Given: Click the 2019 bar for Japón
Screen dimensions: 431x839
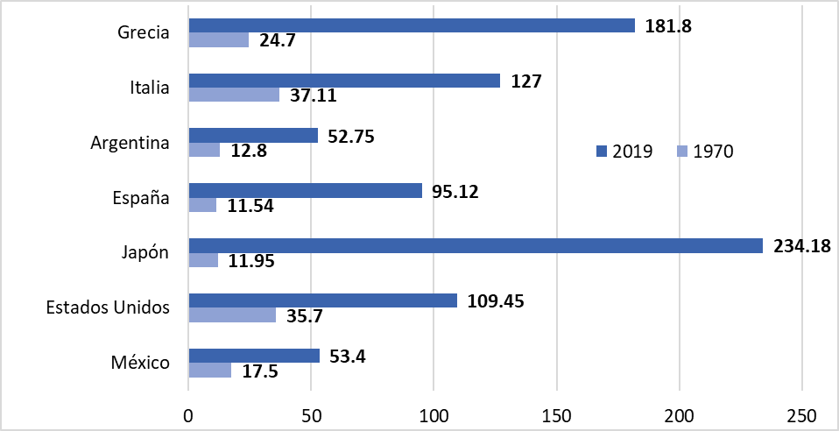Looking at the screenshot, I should click(476, 246).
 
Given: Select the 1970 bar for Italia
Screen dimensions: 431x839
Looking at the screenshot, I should click(234, 95).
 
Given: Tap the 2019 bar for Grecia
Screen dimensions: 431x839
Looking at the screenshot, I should click(412, 25).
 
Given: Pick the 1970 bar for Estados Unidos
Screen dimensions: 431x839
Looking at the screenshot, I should click(232, 314).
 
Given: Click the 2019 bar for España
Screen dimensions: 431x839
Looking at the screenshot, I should click(305, 190).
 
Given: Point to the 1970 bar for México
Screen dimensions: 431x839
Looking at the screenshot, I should click(210, 371).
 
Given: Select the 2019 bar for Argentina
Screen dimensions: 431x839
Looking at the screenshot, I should click(253, 136).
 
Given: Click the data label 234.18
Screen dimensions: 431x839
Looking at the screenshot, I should click(802, 246).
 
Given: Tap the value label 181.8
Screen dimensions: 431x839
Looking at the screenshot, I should click(668, 25).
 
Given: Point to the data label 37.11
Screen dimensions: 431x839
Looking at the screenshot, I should click(314, 95).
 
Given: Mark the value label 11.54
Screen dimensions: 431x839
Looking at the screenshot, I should click(250, 207).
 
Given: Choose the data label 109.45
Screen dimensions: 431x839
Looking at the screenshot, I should click(497, 300).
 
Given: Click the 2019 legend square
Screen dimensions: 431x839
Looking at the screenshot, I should click(602, 151).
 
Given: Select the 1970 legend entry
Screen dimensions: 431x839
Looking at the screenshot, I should click(706, 151).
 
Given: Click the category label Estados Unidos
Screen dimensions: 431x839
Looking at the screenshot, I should click(106, 307).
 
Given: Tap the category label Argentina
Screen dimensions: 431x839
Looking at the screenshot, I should click(130, 143).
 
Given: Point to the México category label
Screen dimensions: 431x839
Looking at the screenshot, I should click(139, 362).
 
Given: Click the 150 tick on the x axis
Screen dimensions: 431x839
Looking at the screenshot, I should click(557, 414).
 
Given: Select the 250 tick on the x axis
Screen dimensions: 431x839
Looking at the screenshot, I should click(802, 414).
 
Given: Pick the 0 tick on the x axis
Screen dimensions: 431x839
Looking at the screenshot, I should click(188, 414).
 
